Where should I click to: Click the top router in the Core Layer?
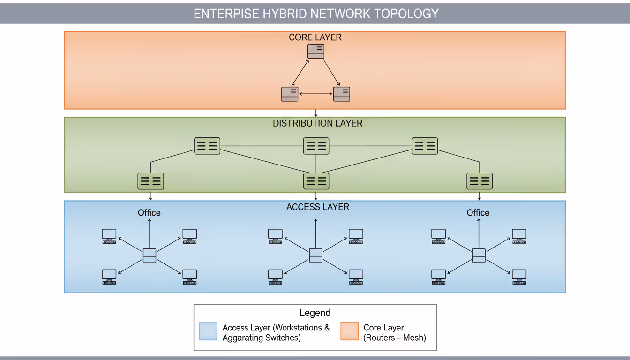316,52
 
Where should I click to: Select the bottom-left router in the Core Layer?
290,94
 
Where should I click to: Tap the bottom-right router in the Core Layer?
342,94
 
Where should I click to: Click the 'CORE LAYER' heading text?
315,37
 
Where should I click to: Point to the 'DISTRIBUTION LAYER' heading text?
318,123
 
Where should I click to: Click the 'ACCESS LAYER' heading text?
318,207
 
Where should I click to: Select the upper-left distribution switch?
207,146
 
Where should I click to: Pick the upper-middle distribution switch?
316,146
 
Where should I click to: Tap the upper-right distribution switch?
425,146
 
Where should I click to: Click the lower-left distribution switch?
150,181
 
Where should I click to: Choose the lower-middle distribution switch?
316,181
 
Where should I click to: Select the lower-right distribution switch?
480,181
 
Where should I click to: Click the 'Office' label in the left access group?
149,213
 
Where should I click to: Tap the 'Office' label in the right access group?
478,213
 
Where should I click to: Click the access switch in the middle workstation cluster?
316,255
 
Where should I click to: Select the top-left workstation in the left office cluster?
109,236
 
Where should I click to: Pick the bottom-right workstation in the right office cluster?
519,277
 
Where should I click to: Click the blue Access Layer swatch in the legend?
208,331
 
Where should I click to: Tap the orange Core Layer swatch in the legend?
349,331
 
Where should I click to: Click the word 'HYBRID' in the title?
285,14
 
